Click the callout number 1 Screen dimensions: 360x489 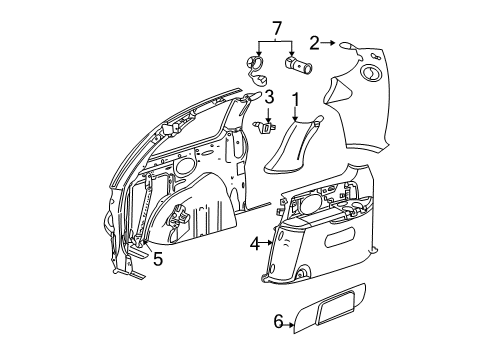(296, 99)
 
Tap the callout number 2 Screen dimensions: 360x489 (314, 42)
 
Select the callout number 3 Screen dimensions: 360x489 (268, 97)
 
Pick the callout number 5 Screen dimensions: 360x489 (157, 257)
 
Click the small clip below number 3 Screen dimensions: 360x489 (264, 125)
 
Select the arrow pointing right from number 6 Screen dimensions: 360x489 (294, 320)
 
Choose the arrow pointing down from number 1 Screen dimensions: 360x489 (296, 112)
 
